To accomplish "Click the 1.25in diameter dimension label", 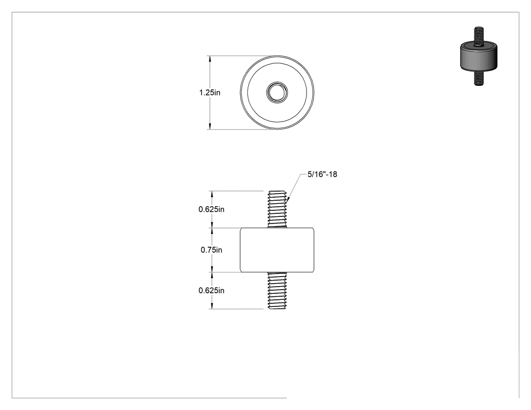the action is click(x=210, y=93).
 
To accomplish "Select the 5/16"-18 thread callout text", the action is click(x=322, y=174).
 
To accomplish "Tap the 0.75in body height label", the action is click(x=211, y=250).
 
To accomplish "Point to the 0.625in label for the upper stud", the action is click(x=211, y=209).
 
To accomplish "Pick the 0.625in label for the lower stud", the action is click(x=211, y=291).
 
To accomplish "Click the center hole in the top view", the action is click(x=277, y=92).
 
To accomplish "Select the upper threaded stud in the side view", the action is click(x=277, y=209).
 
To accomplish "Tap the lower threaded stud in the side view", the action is click(x=277, y=290).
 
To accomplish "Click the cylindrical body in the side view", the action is click(x=277, y=250).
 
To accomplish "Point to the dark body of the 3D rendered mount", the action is click(x=478, y=57).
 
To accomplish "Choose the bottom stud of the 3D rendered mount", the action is click(x=478, y=78).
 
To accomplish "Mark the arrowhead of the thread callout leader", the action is click(x=288, y=199).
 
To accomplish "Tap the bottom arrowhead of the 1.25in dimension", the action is click(x=210, y=125).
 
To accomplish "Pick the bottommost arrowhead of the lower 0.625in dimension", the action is click(x=212, y=305).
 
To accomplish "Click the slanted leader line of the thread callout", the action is click(x=294, y=187).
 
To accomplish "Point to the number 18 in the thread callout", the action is click(x=333, y=174).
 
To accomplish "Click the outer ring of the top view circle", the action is click(x=277, y=56).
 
